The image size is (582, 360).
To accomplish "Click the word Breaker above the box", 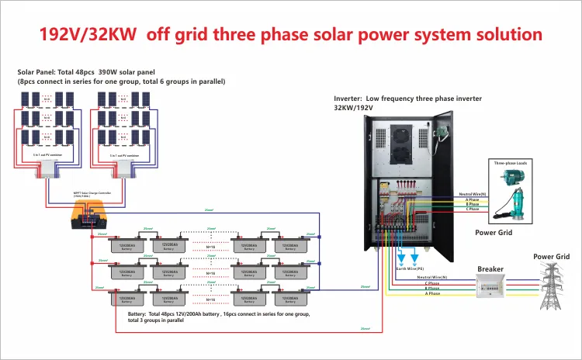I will coord(490,269).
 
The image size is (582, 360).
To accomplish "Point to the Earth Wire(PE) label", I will coord(411,268).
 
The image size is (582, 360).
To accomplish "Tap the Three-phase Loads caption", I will coord(511,164).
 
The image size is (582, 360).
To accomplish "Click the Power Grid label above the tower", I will coord(551,256).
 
